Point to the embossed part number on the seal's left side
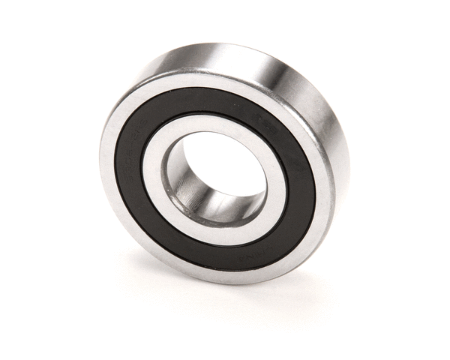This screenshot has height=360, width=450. (130, 160)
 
